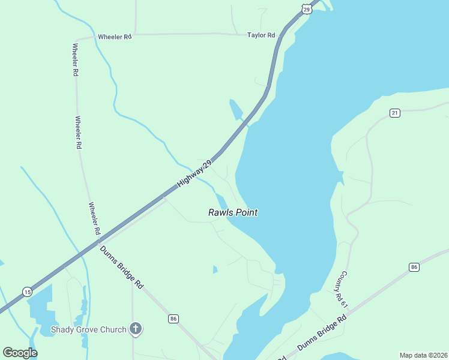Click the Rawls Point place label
pos(233,212)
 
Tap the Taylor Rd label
pos(261,35)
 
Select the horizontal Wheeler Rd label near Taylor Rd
pos(114,37)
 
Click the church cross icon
pos(136,329)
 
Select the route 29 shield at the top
pos(307,9)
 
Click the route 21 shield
pos(394,113)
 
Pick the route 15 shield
pos(27,292)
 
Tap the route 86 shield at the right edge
pos(414,267)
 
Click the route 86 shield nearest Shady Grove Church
pos(173,318)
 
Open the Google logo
pos(20,353)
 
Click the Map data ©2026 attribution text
pos(423,355)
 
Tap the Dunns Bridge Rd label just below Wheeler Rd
pos(121,267)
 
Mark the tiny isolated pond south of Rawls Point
pos(215,269)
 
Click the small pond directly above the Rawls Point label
pos(221,201)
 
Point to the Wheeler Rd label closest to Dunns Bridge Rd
pos(94,219)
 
